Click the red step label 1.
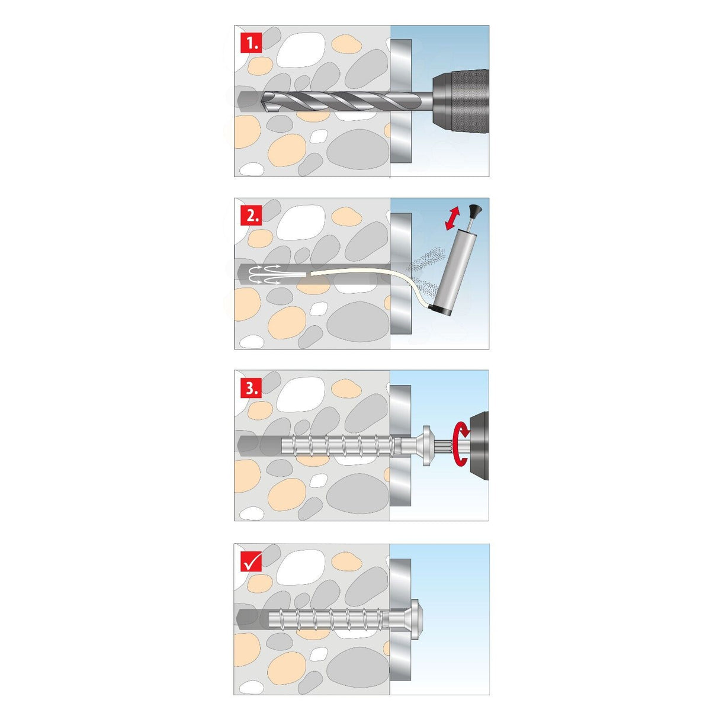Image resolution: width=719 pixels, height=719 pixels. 251,43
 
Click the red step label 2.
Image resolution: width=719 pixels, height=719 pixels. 251,216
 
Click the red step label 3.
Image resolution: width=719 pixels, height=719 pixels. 251,389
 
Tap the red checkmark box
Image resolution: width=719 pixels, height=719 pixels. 251,561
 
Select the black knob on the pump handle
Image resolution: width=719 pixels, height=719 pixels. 474,210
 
